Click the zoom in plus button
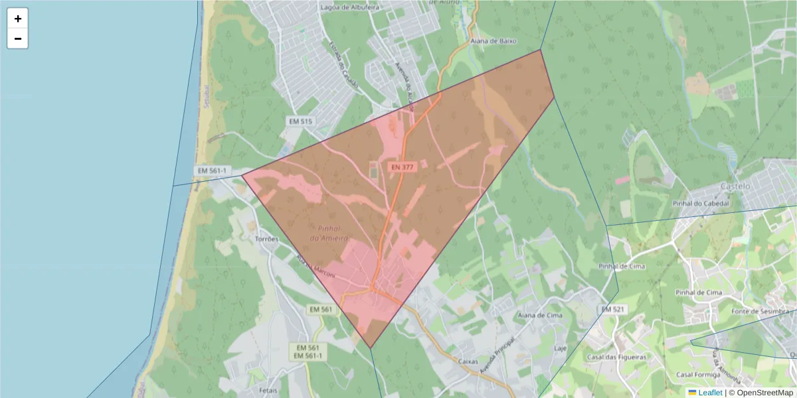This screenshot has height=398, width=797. (18, 19)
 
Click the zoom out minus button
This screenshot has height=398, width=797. (18, 39)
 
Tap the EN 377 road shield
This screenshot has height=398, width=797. (403, 168)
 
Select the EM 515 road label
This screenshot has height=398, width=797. (300, 121)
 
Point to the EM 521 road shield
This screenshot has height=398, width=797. (613, 310)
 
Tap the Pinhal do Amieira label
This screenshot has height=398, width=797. (329, 232)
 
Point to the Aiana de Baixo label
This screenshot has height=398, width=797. (493, 41)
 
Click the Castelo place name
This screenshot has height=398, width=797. (735, 186)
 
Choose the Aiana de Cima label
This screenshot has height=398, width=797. (539, 316)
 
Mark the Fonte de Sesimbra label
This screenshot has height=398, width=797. (762, 312)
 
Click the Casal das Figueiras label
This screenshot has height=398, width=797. (616, 357)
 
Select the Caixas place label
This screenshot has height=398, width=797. (469, 361)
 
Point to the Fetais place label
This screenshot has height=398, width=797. (268, 391)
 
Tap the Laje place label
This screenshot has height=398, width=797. (560, 348)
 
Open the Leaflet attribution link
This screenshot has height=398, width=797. (710, 393)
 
